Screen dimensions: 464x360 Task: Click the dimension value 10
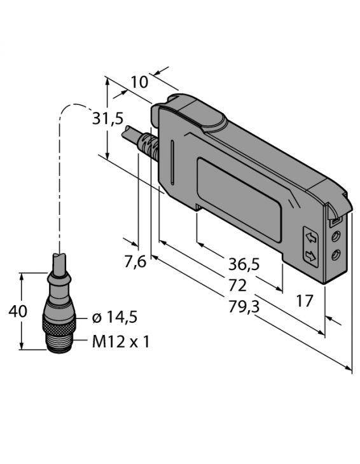click(x=140, y=81)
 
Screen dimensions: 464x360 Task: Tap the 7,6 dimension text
click(x=134, y=261)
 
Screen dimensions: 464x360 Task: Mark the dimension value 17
click(x=305, y=300)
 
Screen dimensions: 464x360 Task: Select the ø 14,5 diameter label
click(x=114, y=318)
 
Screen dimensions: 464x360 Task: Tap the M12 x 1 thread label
click(x=121, y=342)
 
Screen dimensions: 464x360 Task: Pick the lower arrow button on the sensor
click(x=311, y=256)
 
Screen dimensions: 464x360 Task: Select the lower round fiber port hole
click(x=336, y=255)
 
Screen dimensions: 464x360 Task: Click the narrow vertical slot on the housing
click(x=172, y=162)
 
